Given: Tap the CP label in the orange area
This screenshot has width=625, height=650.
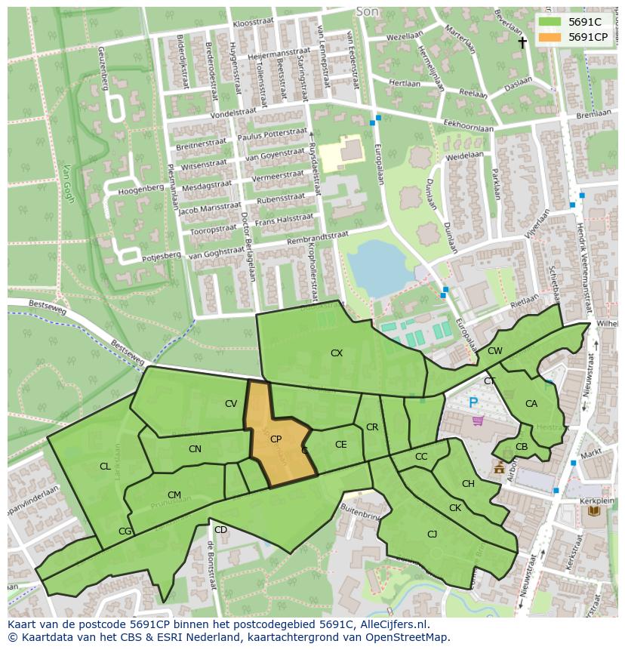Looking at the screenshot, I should pyautogui.click(x=276, y=439).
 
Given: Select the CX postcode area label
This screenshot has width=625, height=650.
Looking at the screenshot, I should pyautogui.click(x=337, y=353).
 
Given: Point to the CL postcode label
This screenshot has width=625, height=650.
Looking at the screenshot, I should pyautogui.click(x=105, y=467).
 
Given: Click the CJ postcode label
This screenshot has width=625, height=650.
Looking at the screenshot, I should pyautogui.click(x=432, y=534).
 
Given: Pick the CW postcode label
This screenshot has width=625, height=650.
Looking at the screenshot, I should pyautogui.click(x=494, y=351).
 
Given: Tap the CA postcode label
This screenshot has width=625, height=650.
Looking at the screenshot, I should pyautogui.click(x=531, y=404).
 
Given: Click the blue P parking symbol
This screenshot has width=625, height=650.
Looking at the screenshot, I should pyautogui.click(x=473, y=403).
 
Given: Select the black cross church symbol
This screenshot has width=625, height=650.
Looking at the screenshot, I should pyautogui.click(x=522, y=43).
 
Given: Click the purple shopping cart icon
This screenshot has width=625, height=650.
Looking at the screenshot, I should pyautogui.click(x=476, y=420).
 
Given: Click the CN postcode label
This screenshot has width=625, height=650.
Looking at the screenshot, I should pyautogui.click(x=195, y=449).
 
